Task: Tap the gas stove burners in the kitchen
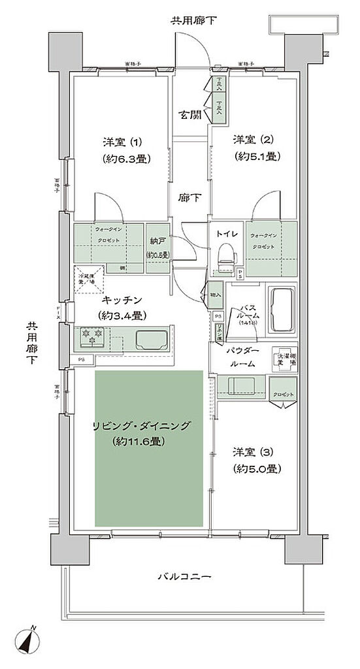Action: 91,336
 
